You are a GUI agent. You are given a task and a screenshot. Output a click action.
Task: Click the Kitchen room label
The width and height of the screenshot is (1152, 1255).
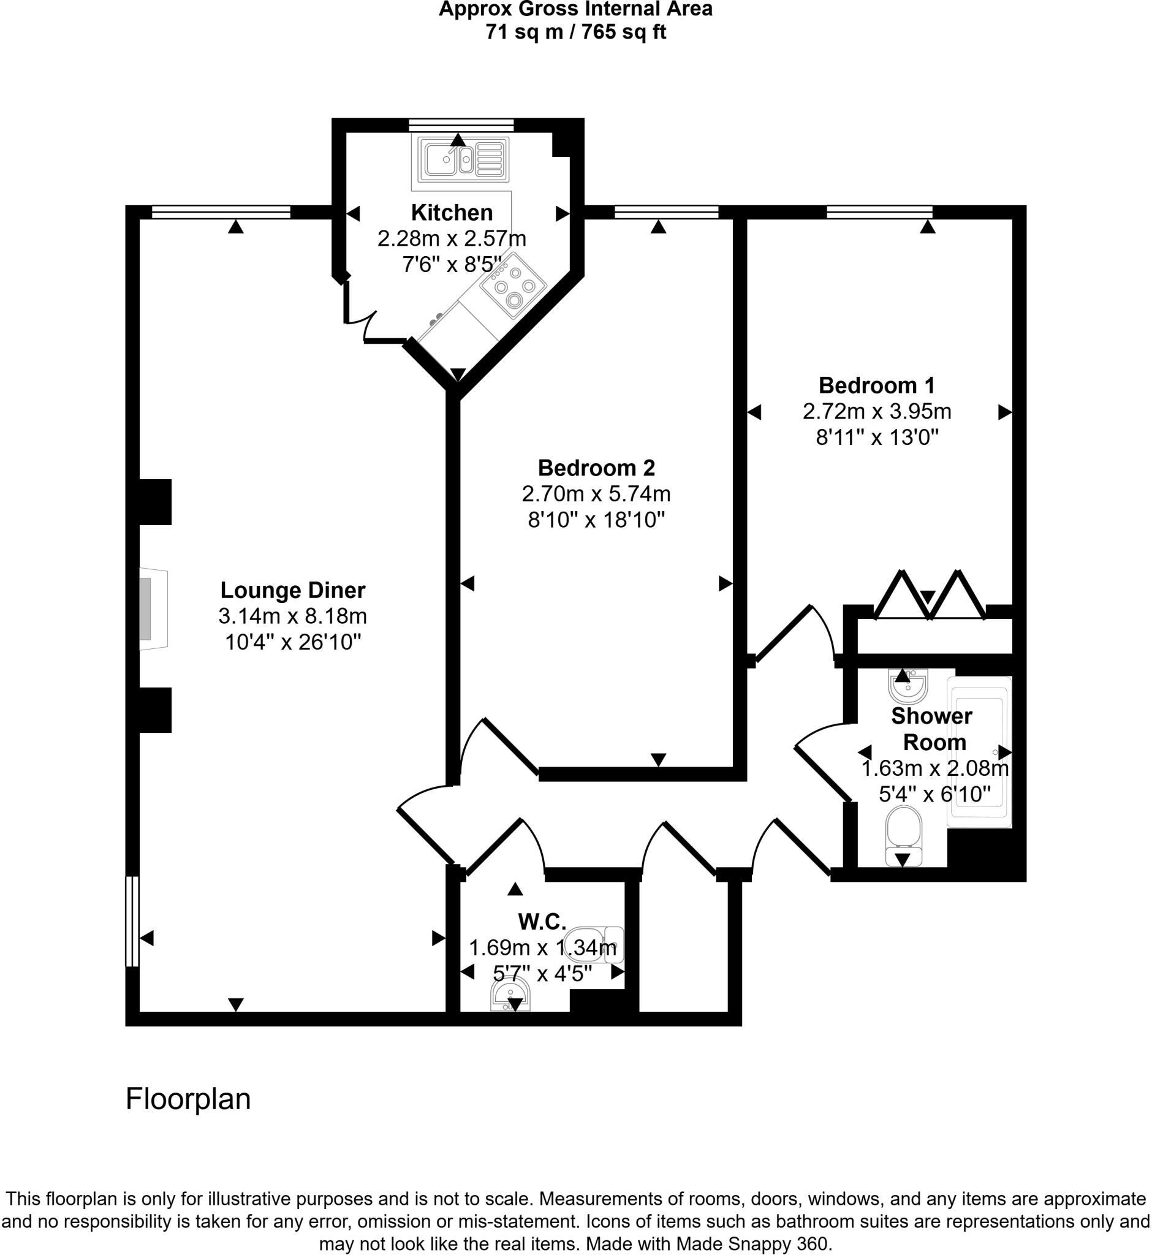[452, 213]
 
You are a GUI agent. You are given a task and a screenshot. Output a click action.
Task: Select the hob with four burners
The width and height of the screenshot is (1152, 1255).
[513, 286]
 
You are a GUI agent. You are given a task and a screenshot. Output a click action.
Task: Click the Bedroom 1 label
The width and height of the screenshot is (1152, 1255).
[876, 385]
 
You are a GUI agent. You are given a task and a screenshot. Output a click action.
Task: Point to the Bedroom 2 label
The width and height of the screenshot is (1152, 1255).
[596, 468]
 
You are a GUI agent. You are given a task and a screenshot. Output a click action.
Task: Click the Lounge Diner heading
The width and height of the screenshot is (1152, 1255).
[292, 590]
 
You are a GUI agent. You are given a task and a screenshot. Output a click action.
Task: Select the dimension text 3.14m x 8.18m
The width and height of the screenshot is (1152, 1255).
[292, 616]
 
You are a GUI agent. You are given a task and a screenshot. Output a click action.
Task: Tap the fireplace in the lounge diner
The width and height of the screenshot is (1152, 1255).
[151, 609]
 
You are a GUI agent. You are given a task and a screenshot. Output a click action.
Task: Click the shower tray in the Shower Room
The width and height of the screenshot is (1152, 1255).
[979, 751]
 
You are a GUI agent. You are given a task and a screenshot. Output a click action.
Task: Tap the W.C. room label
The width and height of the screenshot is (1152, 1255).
[542, 921]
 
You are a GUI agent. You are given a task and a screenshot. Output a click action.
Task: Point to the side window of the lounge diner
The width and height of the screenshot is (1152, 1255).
[132, 922]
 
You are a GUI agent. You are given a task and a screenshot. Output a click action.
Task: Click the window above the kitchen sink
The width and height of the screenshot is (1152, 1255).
[461, 124]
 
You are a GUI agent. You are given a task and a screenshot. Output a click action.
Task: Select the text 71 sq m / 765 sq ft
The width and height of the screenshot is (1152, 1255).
[575, 32]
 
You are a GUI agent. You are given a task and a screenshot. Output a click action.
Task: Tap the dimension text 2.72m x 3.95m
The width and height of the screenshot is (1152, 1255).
[876, 411]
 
